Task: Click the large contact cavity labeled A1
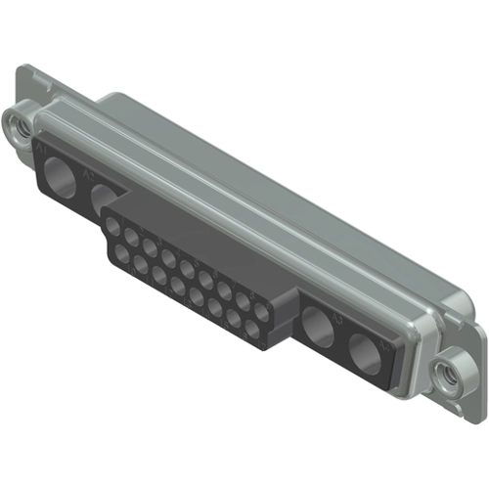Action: [x=61, y=177]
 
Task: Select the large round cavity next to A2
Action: [x=105, y=200]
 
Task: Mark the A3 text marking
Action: [x=337, y=317]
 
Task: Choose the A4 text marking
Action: [x=384, y=344]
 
